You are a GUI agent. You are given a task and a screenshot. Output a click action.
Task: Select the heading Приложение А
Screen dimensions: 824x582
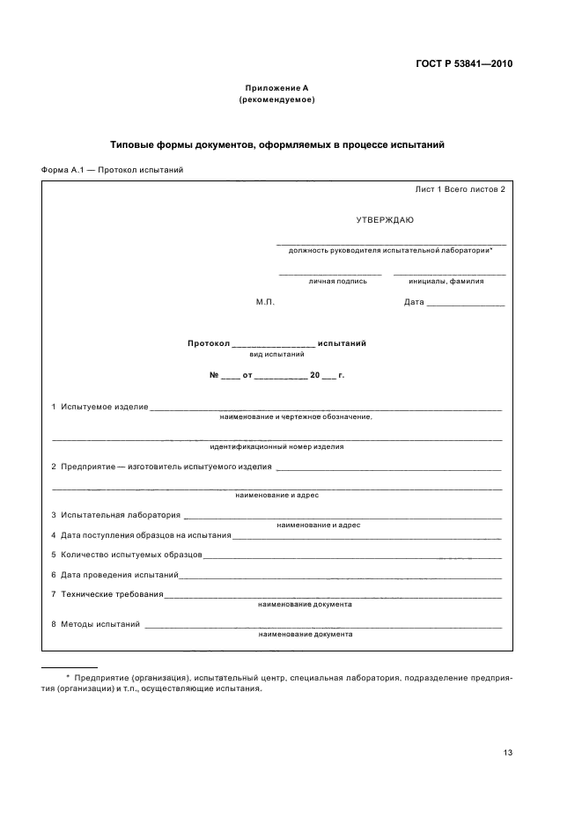tap(276, 89)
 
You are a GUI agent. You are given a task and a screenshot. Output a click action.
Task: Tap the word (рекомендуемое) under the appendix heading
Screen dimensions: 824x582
tap(276, 99)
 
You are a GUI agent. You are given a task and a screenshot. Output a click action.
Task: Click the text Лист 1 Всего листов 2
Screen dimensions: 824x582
tap(460, 189)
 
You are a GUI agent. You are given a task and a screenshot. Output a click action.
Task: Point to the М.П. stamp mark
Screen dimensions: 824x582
tap(265, 302)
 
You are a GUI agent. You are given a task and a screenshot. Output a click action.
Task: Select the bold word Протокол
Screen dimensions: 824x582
tap(208, 343)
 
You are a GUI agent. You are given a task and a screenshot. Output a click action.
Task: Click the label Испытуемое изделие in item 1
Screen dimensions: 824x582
tap(104, 407)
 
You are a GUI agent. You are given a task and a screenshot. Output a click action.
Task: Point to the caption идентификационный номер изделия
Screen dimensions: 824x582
tap(276, 446)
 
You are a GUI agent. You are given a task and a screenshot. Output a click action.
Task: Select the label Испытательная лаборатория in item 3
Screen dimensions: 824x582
tap(121, 515)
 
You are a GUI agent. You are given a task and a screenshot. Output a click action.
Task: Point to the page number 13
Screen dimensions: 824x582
tap(507, 752)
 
